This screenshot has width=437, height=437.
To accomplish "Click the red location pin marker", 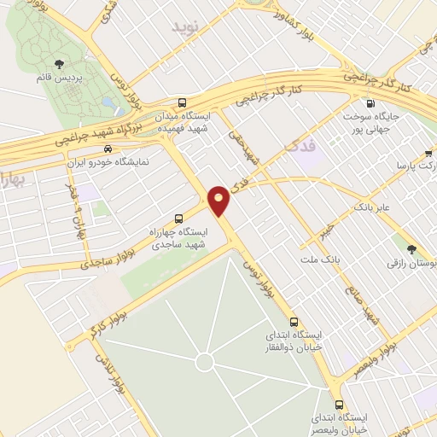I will click(219, 200).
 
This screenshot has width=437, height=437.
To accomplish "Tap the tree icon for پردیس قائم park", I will click(59, 65).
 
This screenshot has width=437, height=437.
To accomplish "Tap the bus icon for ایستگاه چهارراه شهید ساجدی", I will click(178, 217).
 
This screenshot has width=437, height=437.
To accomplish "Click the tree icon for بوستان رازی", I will click(413, 249).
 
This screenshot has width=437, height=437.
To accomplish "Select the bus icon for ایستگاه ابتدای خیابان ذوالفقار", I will click(294, 323).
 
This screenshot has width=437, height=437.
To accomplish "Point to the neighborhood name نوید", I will click(189, 27).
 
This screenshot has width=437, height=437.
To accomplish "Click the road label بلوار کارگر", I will click(102, 324).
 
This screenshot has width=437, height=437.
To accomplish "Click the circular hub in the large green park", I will click(204, 362).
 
